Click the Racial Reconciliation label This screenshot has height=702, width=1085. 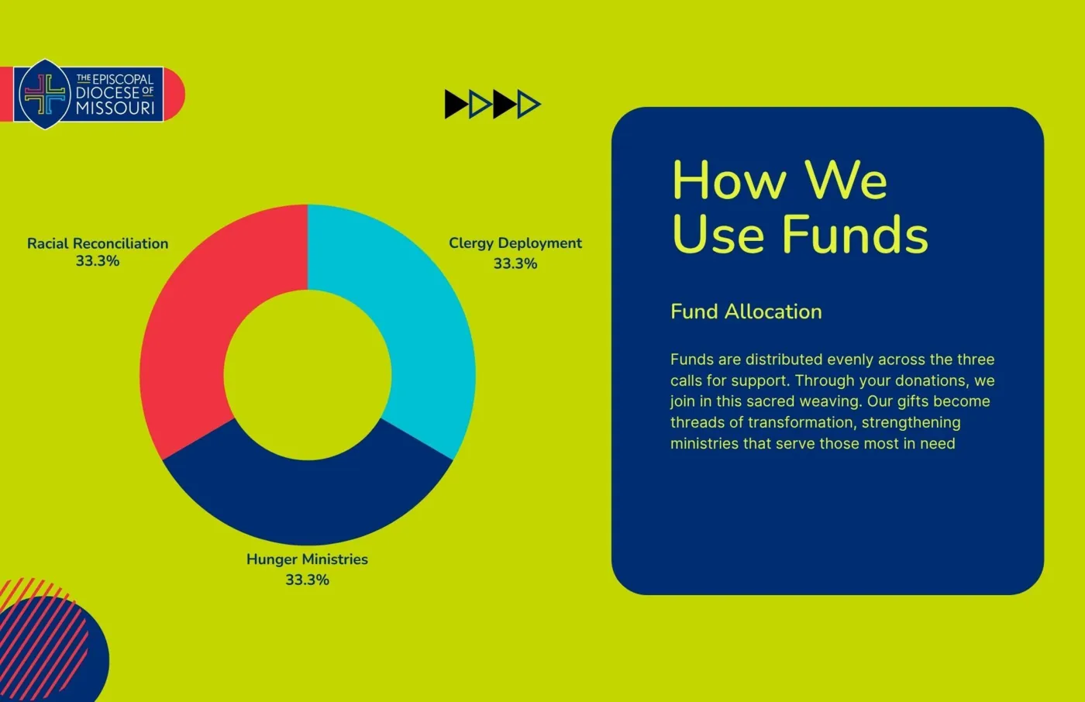pos(98,243)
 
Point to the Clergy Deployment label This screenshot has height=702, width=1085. pos(515,243)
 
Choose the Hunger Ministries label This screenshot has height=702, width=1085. pos(307,559)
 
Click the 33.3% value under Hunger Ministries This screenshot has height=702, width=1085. pos(307,580)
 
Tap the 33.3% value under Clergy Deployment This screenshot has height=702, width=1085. pos(515,263)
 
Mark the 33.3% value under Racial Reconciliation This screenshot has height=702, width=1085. pos(98,261)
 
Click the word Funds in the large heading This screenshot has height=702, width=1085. pos(856,234)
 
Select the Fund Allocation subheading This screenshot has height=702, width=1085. pos(746,311)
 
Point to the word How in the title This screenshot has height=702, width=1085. pos(729,180)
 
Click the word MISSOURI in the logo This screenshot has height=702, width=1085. pos(115,108)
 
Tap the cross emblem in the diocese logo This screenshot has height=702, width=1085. pos(45,94)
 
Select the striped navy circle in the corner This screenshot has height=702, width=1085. pos(48,649)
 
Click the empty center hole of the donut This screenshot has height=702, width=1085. pos(308,375)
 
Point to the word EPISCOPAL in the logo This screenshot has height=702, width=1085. pos(122,79)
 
